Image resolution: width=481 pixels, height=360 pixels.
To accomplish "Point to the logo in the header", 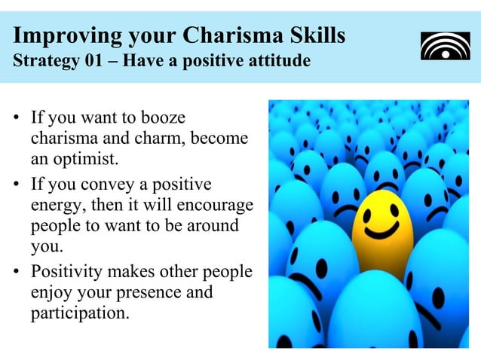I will click(445, 45).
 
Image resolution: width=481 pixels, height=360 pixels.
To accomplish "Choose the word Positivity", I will click(66, 272).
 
